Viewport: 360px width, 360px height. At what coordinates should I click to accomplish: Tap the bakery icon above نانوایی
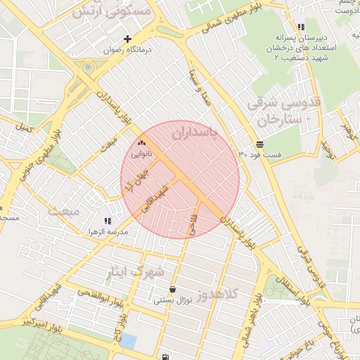coord(141,143)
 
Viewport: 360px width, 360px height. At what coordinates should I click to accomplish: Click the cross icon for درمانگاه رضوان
coord(127,39)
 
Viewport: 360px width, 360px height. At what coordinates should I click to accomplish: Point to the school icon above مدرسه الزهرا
coord(108,221)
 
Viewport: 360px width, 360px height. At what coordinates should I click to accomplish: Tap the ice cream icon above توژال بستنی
coord(173,290)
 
